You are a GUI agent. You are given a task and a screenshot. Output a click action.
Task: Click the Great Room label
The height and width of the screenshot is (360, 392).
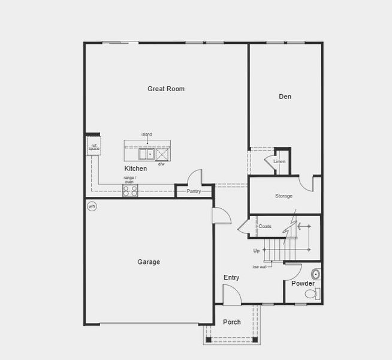pyautogui.click(x=166, y=89)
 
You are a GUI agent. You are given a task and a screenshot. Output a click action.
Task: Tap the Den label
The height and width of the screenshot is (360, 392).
pyautogui.click(x=285, y=96)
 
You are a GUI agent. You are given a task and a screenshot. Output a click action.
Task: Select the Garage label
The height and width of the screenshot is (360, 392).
pyautogui.click(x=149, y=262)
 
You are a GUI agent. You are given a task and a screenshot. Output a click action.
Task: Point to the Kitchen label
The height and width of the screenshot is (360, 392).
pyautogui.click(x=135, y=169)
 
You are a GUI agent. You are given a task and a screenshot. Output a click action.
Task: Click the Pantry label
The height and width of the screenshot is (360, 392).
pyautogui.click(x=194, y=191)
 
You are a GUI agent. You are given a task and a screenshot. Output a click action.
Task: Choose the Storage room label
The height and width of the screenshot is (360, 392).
pyautogui.click(x=284, y=196)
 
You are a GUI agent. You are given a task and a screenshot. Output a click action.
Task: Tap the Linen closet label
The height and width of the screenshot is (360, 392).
pyautogui.click(x=279, y=162)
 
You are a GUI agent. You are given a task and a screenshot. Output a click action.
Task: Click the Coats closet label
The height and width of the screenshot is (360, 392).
pyautogui.click(x=265, y=226)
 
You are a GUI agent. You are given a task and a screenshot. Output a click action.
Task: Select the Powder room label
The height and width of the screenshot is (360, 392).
pyautogui.click(x=303, y=283)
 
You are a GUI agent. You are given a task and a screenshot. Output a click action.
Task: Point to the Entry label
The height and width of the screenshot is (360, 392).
pyautogui.click(x=231, y=277)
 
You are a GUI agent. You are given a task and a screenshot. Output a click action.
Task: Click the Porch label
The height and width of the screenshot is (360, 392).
pyautogui.click(x=232, y=322)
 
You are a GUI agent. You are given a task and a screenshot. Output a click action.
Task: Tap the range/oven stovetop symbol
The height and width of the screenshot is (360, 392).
pyautogui.click(x=130, y=190)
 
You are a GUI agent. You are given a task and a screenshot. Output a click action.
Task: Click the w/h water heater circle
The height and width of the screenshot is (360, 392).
pyautogui.click(x=92, y=206)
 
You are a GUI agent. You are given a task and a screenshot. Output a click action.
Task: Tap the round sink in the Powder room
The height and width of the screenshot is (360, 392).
pyautogui.click(x=316, y=275)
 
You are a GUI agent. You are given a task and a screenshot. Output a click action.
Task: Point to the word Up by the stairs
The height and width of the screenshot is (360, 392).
pyautogui.click(x=257, y=250)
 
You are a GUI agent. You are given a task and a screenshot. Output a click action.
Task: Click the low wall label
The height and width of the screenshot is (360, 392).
pyautogui.click(x=259, y=266)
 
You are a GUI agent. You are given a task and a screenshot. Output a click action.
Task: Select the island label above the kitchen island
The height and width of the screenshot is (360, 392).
pyautogui.click(x=147, y=134)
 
